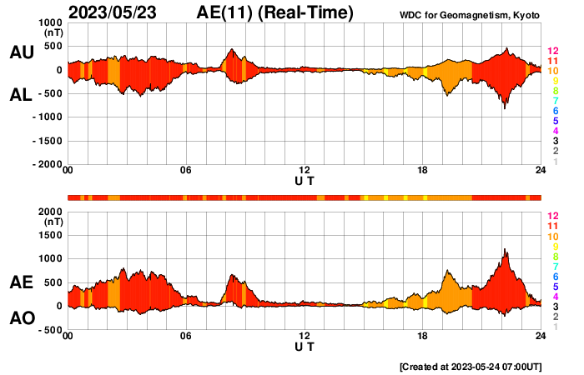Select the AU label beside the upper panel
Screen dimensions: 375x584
(x=21, y=52)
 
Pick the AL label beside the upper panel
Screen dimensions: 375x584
(x=21, y=95)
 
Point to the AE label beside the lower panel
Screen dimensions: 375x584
(x=21, y=282)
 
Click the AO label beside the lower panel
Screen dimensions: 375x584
(x=21, y=318)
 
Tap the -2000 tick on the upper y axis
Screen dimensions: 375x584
(x=47, y=165)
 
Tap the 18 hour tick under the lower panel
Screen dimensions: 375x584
(x=423, y=336)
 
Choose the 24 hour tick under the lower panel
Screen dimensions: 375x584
(x=541, y=336)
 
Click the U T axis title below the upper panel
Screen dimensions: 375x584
(x=305, y=181)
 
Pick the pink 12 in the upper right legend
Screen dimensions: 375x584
(x=551, y=52)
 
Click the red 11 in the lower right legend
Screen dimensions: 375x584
(x=551, y=226)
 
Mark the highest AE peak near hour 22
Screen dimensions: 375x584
(x=505, y=248)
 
